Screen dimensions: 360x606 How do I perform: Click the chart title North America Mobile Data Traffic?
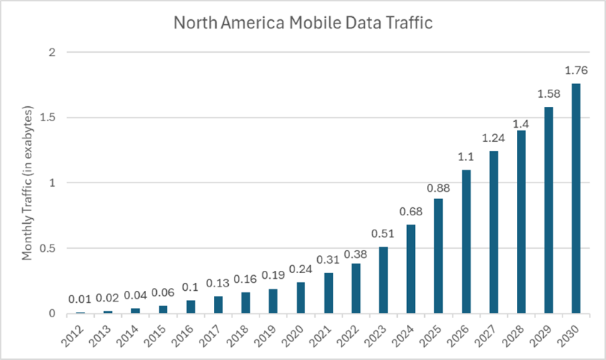pos(303,23)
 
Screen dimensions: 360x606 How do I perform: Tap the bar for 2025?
pos(438,256)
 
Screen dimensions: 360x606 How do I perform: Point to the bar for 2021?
pos(328,293)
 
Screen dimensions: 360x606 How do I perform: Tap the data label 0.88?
pos(438,188)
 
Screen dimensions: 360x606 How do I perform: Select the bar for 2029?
pos(548,210)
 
